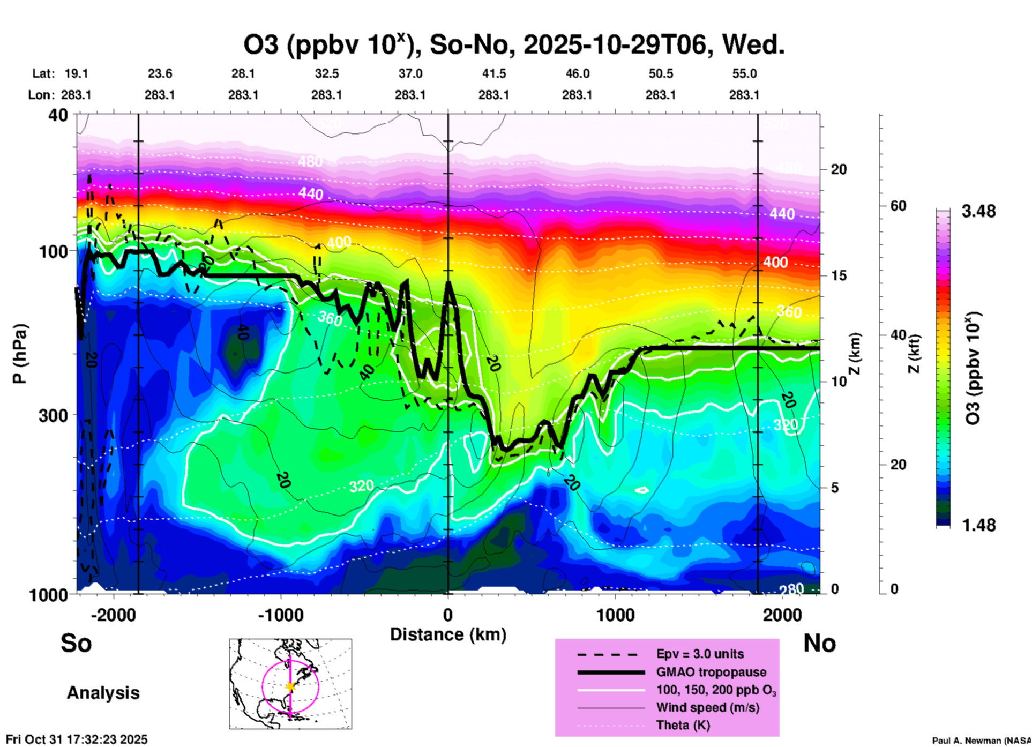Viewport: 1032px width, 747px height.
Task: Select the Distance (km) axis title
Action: tap(448, 634)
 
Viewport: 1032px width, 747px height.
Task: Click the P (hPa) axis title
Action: tap(20, 354)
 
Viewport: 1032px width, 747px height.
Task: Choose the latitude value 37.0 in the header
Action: tap(410, 73)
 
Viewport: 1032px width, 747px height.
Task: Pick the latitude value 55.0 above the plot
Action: tap(744, 73)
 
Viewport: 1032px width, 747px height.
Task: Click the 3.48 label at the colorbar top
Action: tap(978, 212)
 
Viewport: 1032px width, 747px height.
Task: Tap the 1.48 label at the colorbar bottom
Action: tap(978, 525)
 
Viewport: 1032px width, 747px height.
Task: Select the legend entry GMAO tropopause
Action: tap(711, 672)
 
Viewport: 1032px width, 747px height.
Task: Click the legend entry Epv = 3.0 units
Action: tap(700, 654)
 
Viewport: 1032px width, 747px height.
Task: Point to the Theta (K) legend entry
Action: tap(683, 725)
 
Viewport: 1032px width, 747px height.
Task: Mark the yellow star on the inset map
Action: tap(290, 686)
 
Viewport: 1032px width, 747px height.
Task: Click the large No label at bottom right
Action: tap(819, 643)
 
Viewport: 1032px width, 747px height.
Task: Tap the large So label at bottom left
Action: tap(76, 643)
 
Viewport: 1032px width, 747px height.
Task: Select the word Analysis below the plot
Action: tap(103, 693)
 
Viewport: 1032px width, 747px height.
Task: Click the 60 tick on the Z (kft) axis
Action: tap(898, 206)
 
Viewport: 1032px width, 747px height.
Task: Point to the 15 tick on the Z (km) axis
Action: tap(839, 275)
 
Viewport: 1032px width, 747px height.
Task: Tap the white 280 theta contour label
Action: tap(791, 589)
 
